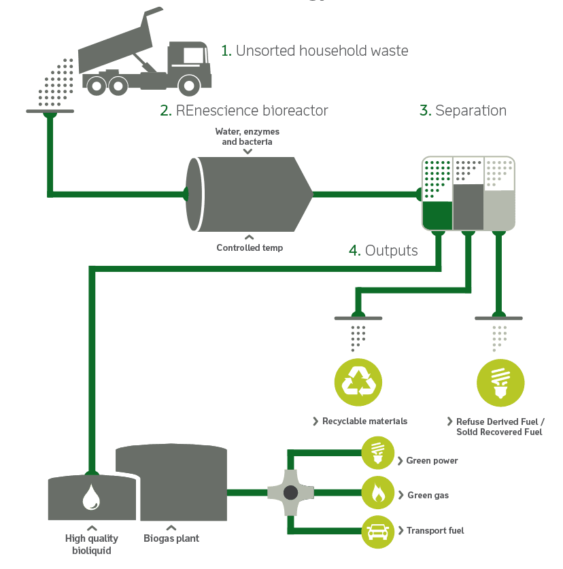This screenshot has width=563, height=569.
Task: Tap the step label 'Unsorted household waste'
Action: point(314,50)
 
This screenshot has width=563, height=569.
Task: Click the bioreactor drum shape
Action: point(248,194)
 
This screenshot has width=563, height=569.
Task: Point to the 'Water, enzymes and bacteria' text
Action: point(247,137)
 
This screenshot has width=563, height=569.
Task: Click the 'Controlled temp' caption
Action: point(250,248)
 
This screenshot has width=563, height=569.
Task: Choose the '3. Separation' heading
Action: point(462,110)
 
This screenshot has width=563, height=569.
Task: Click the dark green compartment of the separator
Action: point(437,215)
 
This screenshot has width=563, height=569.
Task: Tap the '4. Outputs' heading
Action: point(383,250)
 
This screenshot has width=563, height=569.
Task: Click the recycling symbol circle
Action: point(358,382)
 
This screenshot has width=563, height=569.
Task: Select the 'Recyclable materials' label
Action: point(364,421)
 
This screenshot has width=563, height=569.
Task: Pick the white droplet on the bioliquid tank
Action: point(91,497)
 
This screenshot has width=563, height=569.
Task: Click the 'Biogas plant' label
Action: point(171,539)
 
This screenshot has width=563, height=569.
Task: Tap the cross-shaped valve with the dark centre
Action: point(290,492)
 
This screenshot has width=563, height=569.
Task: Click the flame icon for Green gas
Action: point(377,492)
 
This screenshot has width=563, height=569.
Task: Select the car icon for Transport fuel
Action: point(377,531)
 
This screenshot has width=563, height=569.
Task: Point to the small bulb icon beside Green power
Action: point(377,453)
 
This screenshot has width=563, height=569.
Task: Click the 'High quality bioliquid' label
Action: point(92,544)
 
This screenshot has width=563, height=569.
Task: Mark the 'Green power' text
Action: point(432,461)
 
